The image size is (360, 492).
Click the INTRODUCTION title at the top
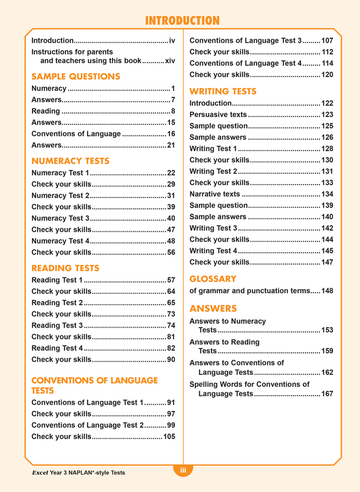[x=182, y=21]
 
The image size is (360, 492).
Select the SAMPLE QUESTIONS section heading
[x=75, y=77]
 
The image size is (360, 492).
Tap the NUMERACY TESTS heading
[x=70, y=161]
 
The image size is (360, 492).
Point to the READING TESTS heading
[x=65, y=268]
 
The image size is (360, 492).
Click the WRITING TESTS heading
[x=223, y=91]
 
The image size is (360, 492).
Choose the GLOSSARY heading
[x=213, y=279]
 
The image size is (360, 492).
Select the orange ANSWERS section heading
[x=213, y=308]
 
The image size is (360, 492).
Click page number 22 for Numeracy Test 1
[x=171, y=173]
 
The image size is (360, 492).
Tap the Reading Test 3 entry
[x=57, y=325]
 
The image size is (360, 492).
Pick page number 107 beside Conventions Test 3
[x=327, y=41]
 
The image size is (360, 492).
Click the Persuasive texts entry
[x=218, y=115]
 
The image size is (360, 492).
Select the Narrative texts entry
[x=215, y=194]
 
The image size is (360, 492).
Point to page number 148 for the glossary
[x=327, y=291]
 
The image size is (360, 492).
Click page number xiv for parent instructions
[x=170, y=61]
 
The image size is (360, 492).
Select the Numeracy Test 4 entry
[x=60, y=241]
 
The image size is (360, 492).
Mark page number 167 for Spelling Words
[x=327, y=394]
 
